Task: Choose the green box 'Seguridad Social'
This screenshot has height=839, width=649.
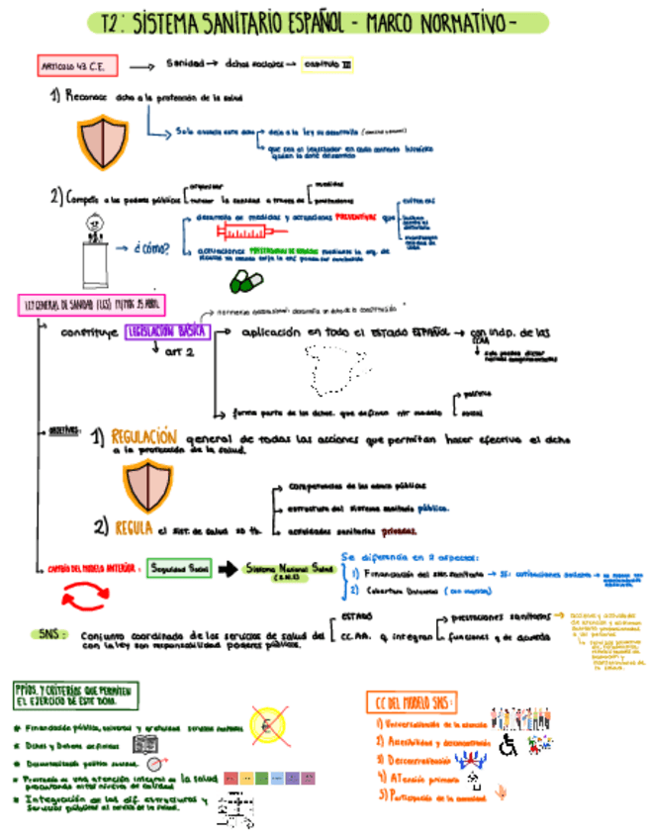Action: [x=178, y=569]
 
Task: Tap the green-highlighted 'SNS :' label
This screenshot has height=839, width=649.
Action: [x=48, y=634]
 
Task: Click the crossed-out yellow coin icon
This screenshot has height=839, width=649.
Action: [x=270, y=724]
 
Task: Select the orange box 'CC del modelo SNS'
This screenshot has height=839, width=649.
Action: [x=412, y=701]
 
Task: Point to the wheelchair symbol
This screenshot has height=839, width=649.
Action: [x=510, y=745]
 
